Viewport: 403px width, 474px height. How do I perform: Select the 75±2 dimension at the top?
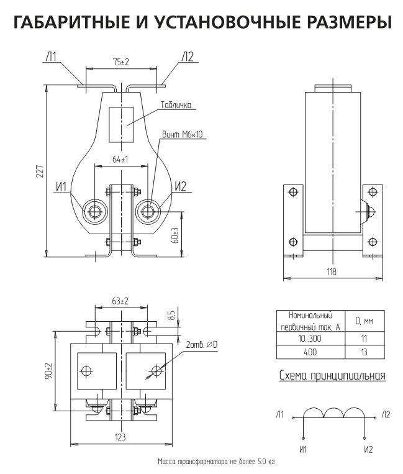pos(121,62)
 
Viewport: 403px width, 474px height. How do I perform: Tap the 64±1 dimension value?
pos(120,159)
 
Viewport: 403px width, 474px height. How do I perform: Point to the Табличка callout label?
pos(176,105)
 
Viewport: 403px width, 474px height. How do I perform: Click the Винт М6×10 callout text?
pos(183,134)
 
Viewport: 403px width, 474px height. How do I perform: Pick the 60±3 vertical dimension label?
pos(176,235)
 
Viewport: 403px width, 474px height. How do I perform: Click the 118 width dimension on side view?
pos(332,271)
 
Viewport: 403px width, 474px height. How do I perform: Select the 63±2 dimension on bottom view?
pos(120,301)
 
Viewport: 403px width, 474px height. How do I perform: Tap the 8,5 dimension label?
pos(172,316)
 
